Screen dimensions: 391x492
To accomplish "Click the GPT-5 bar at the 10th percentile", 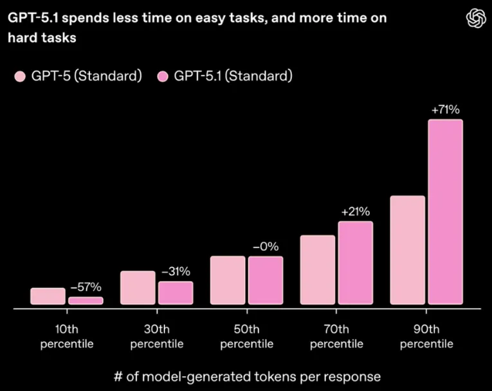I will point(48,296).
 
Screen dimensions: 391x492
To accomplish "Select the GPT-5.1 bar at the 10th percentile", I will point(86,300).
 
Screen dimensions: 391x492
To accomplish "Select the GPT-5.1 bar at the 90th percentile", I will point(445,212).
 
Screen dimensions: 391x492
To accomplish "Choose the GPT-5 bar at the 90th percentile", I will point(407,250).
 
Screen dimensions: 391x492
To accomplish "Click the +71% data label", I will point(445,110).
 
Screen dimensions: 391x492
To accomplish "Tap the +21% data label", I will point(355,212).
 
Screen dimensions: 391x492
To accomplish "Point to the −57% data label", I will point(86,287).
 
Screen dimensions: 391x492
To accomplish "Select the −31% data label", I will point(176,271).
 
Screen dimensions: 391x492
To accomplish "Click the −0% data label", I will point(266,246).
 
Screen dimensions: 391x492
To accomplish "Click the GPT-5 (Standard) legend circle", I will point(19,77).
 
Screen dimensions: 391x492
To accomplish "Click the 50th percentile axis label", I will point(246,336).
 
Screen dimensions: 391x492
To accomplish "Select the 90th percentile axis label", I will point(426,336).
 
